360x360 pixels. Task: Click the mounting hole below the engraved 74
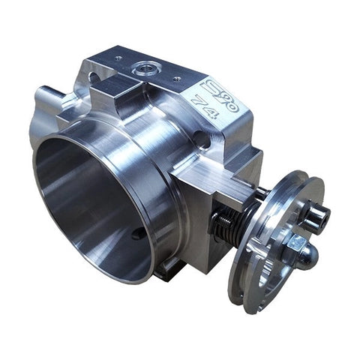199,138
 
